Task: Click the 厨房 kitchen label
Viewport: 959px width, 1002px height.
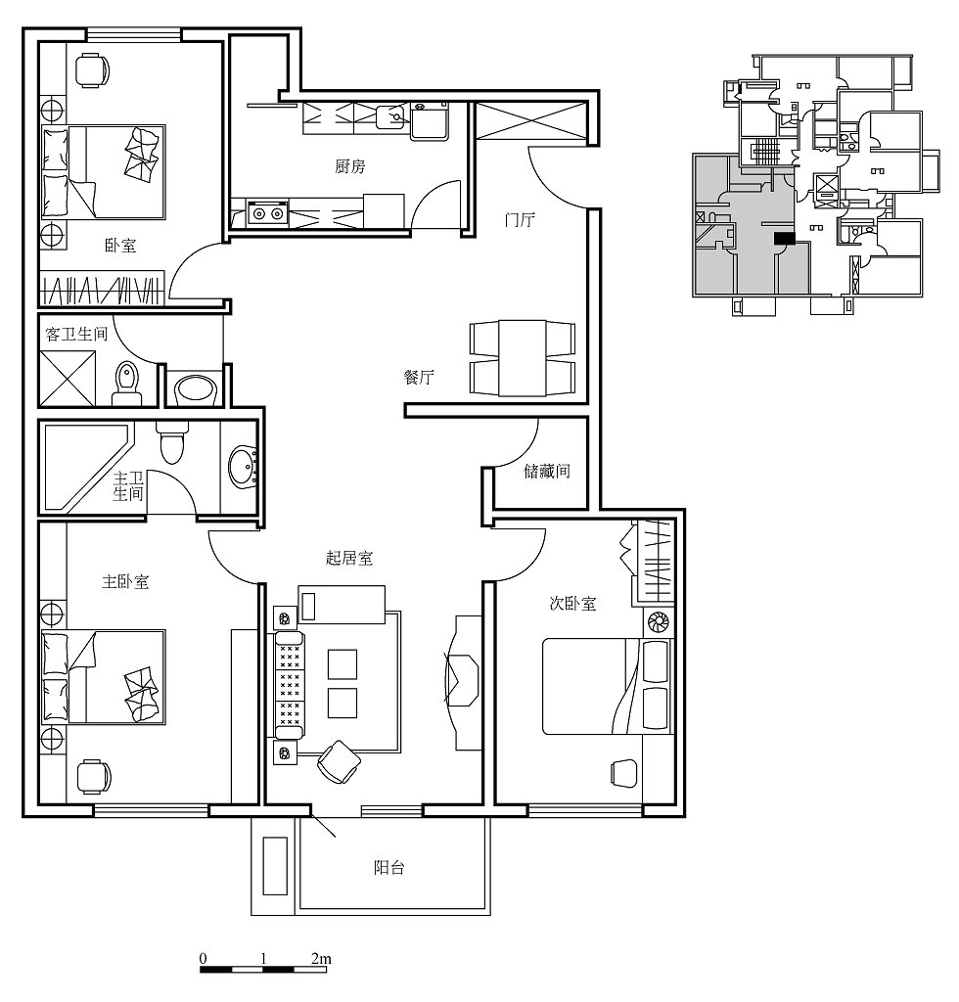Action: (350, 166)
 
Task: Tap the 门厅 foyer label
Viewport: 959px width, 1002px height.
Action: (519, 220)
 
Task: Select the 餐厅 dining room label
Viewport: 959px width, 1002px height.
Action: (419, 377)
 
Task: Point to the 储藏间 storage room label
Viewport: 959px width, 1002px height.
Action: (547, 471)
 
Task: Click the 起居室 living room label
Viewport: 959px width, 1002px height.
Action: (349, 558)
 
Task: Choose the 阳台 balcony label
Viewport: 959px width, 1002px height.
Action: (389, 867)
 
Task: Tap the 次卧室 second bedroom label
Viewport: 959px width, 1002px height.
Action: (573, 603)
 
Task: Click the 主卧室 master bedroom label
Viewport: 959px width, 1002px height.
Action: (126, 581)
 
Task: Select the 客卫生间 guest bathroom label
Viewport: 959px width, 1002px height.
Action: (76, 335)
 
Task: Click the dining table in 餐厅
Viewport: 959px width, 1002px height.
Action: (523, 358)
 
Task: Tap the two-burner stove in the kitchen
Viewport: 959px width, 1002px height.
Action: (268, 213)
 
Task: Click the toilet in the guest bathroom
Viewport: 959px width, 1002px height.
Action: (126, 384)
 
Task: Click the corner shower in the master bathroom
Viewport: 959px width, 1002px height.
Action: (87, 468)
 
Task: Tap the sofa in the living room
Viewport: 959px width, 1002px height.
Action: (290, 685)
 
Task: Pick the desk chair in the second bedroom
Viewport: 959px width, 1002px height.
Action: (623, 773)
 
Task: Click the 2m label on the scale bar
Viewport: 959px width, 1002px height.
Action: (321, 959)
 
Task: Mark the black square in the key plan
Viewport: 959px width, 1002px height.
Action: (785, 239)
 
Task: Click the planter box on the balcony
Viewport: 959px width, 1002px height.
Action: (275, 866)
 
